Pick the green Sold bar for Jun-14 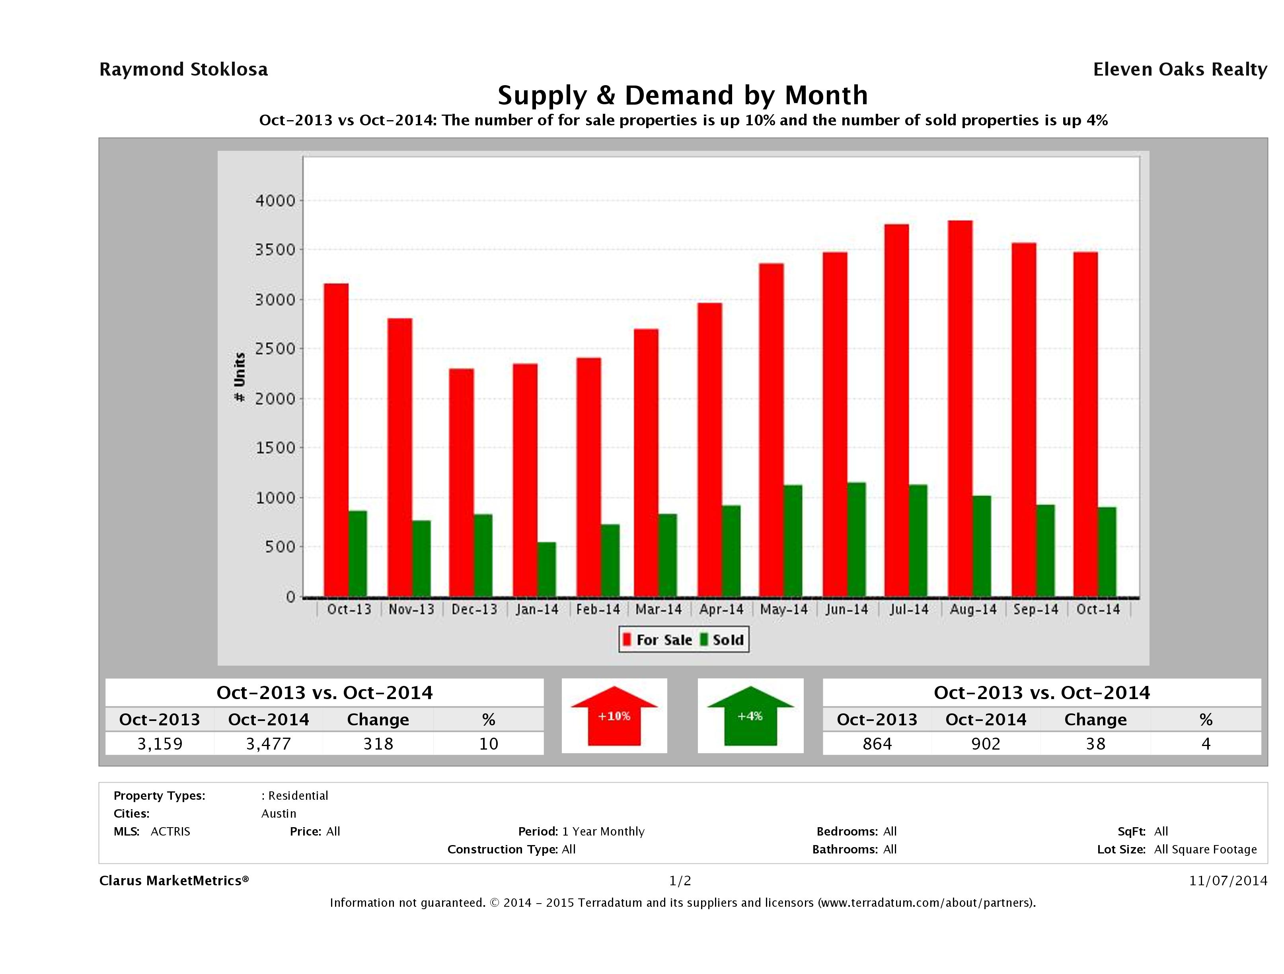coord(856,540)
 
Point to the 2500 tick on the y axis coord(276,349)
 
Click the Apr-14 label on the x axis coord(721,610)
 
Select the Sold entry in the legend coord(723,640)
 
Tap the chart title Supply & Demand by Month coord(683,95)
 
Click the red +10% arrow coord(614,716)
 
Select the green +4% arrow coord(750,716)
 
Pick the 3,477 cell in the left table coord(268,744)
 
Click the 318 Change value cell coord(378,744)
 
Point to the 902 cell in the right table coord(986,744)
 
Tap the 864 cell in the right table coord(877,744)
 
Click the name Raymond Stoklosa coord(183,70)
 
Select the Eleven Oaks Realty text coord(1179,70)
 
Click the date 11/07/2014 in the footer coord(1227,880)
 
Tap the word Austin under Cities coord(279,813)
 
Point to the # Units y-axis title coord(239,377)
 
